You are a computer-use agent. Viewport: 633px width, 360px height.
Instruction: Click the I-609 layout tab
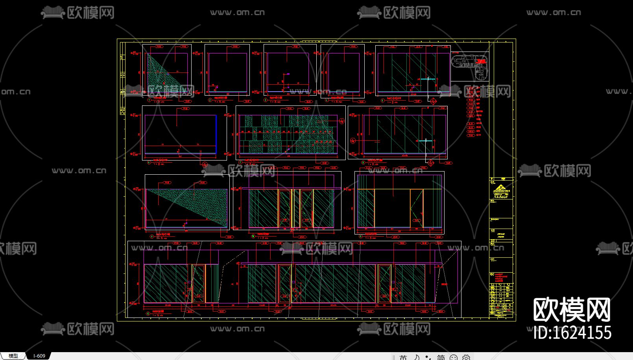coord(39,356)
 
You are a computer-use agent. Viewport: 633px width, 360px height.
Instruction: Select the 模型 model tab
coord(13,356)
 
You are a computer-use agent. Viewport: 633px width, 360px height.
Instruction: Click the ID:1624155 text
coord(572,333)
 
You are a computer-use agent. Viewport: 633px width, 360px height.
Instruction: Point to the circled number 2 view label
coord(210,100)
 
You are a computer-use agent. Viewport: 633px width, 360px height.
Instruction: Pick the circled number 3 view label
coord(266,100)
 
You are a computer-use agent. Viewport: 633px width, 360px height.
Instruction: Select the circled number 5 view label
coord(382,101)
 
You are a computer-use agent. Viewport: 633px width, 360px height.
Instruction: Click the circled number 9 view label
coord(151,237)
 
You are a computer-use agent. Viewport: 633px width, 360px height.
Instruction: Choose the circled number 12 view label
coord(148,314)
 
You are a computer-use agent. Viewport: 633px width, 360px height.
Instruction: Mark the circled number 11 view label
coord(360,236)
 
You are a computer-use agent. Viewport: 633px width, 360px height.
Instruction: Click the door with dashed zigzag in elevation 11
coord(417,209)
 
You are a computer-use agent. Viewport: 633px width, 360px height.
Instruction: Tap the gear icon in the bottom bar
coord(466,357)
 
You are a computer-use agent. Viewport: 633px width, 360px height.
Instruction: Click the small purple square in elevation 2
coord(288,74)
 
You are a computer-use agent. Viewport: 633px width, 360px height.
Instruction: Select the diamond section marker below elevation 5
coord(433,101)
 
